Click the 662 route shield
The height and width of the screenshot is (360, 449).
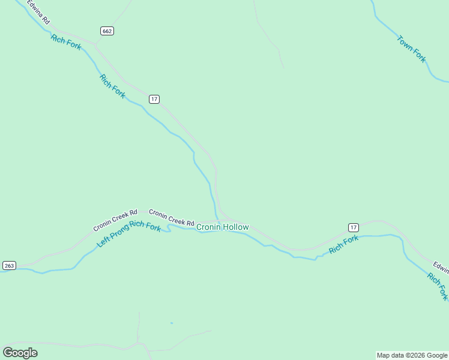point(107,31)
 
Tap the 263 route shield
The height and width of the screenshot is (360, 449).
point(9,265)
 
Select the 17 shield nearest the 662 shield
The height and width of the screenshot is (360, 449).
point(154,99)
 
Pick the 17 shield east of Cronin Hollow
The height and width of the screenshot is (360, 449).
point(353,227)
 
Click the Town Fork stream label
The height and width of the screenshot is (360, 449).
point(411,49)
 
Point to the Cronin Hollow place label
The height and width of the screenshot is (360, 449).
point(222,227)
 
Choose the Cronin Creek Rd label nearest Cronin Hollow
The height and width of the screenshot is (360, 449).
point(172,217)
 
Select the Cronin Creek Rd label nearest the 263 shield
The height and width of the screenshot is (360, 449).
point(115,220)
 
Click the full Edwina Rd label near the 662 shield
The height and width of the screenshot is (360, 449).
point(37,12)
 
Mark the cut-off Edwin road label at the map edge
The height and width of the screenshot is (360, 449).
point(441,267)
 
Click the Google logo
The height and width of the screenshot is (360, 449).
point(20,352)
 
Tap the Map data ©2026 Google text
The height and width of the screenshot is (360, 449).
point(412,355)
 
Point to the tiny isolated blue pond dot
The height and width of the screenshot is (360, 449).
point(171,323)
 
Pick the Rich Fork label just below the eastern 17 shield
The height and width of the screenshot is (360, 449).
point(343,244)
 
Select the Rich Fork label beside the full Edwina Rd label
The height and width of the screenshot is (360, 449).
point(66,42)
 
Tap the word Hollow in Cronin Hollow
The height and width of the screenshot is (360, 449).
point(235,227)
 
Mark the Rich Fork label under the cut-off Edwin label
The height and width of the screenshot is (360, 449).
point(438,286)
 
